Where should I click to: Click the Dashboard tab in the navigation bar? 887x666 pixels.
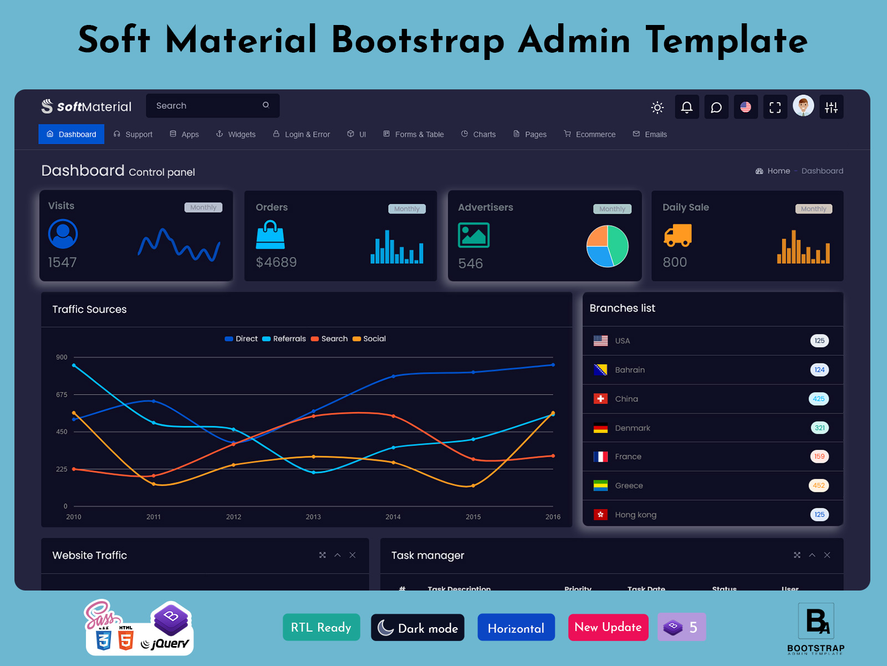tap(72, 134)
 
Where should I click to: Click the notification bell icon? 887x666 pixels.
tap(686, 107)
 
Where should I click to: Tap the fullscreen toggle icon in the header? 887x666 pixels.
tap(775, 107)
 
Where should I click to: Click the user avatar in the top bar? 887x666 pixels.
tap(803, 105)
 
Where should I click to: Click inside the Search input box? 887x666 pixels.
tap(205, 105)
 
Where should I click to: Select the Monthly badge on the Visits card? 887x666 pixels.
tap(203, 208)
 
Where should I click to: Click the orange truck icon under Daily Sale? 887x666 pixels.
tap(677, 235)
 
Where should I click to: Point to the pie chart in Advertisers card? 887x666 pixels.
tap(608, 246)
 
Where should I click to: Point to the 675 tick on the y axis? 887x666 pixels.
tap(62, 395)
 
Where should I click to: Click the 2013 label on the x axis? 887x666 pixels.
tap(313, 517)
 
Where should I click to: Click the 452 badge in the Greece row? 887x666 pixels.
tap(819, 486)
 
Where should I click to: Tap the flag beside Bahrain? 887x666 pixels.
tap(600, 370)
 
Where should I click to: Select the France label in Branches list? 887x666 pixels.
tap(628, 457)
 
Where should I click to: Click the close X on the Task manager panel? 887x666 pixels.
tap(827, 555)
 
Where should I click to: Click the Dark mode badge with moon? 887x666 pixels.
tap(417, 628)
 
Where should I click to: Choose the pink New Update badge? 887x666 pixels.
tap(608, 627)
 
